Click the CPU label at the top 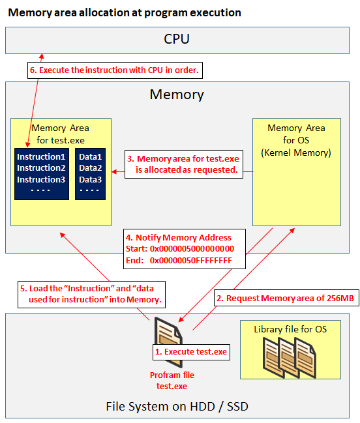[x=177, y=39]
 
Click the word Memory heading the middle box [x=177, y=95]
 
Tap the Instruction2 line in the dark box [x=41, y=168]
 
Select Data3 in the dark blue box [x=91, y=179]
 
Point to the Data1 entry [x=91, y=156]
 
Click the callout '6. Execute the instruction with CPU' [x=115, y=70]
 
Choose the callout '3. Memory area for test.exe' [x=184, y=164]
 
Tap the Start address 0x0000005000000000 [x=192, y=249]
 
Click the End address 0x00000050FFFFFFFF [x=191, y=260]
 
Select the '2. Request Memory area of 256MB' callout [x=286, y=298]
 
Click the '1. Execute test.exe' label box [x=191, y=352]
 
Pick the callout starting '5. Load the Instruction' [x=91, y=295]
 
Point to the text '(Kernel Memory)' [x=296, y=153]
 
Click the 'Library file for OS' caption [x=290, y=329]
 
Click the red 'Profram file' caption [x=172, y=375]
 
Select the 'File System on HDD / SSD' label [x=177, y=406]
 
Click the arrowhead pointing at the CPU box [x=42, y=57]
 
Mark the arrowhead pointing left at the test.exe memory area [x=114, y=171]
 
